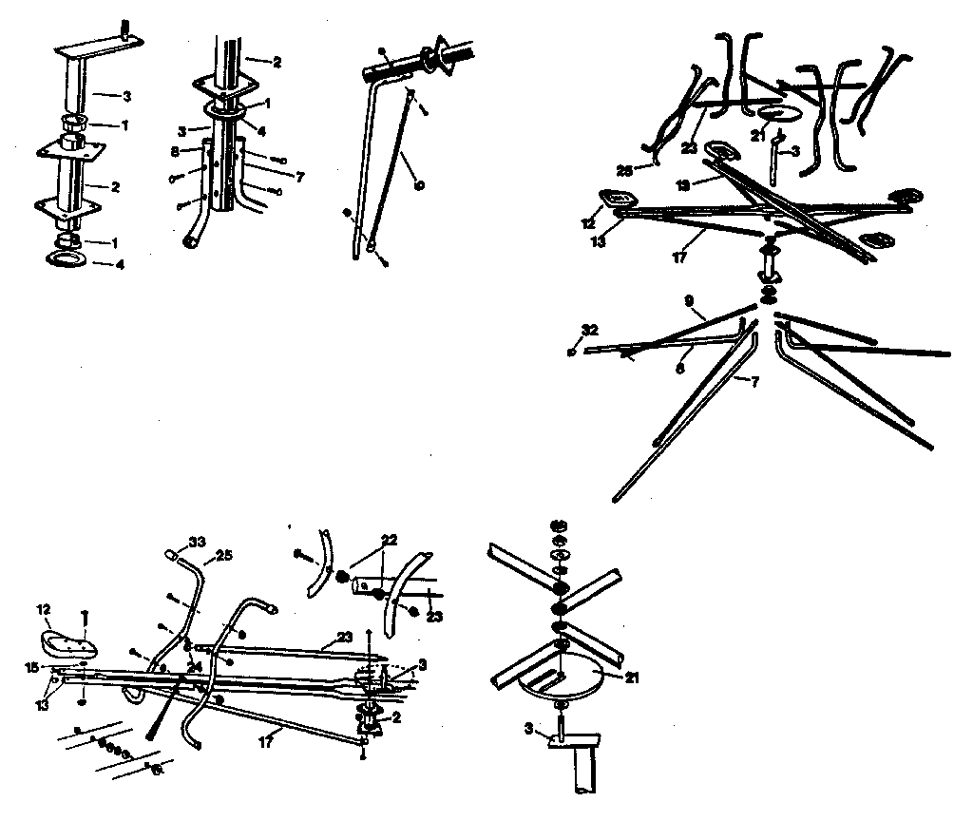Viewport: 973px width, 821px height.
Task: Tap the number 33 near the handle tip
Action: pyautogui.click(x=197, y=543)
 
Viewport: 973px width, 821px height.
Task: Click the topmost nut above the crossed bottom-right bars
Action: pyautogui.click(x=559, y=525)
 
